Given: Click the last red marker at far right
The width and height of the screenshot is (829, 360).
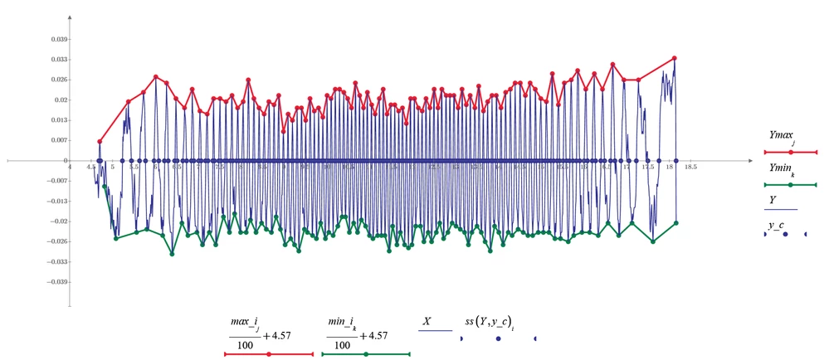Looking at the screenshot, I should coord(675,58).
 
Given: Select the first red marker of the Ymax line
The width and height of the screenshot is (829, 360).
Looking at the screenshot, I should coord(100,142).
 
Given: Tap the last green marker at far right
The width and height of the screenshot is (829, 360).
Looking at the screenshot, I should coord(677,223).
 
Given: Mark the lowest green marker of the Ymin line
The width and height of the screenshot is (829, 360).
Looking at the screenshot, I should coord(172,253).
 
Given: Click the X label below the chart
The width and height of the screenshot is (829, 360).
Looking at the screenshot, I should coord(427,319).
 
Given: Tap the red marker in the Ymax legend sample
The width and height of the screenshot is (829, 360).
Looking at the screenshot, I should coord(790,152).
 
